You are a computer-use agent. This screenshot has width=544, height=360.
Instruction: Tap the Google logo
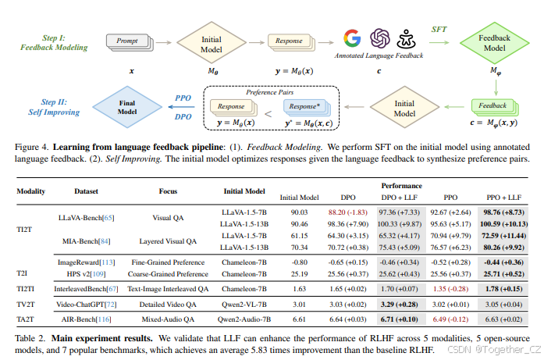(x=352, y=37)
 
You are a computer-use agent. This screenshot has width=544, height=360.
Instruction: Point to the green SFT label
(x=439, y=28)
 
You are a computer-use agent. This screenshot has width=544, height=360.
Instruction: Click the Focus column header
(x=168, y=190)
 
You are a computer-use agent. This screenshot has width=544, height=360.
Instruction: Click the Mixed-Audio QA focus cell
(x=168, y=319)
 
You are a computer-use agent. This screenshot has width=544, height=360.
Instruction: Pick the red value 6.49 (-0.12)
(x=449, y=319)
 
